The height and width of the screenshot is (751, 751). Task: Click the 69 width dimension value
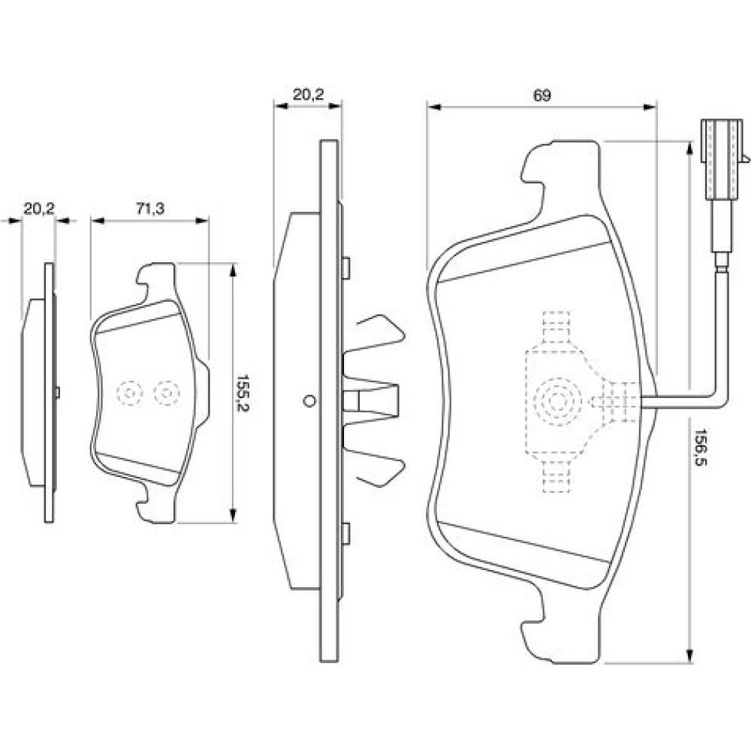(542, 95)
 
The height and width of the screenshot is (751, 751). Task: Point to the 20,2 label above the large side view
(307, 95)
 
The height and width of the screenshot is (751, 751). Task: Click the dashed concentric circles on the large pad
(557, 402)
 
